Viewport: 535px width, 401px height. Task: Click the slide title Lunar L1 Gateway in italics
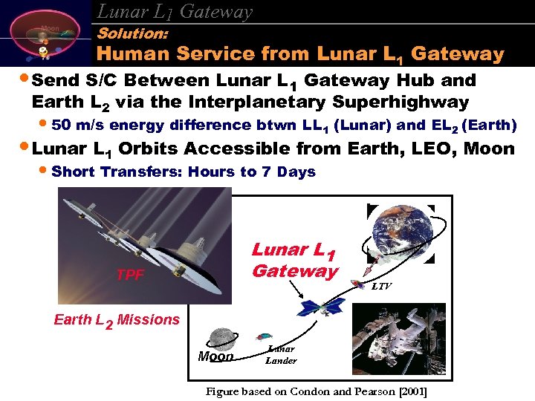[175, 10]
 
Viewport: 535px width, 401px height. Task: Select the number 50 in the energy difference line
[63, 125]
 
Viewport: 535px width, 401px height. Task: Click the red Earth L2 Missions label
[117, 320]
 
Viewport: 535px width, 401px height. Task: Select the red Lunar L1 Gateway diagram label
[294, 261]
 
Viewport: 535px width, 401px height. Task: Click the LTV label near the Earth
[381, 286]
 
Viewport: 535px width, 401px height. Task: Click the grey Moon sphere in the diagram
[221, 339]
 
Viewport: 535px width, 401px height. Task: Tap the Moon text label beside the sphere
[215, 356]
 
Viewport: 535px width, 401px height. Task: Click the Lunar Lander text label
[281, 355]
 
